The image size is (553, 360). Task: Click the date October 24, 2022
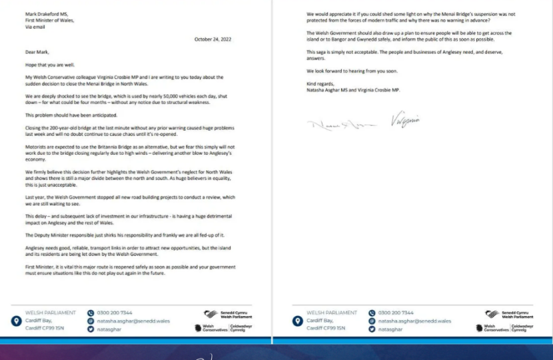pyautogui.click(x=212, y=39)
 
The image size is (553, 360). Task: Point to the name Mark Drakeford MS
pyautogui.click(x=45, y=13)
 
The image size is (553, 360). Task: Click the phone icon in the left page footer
pyautogui.click(x=91, y=313)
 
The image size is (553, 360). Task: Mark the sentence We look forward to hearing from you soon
pyautogui.click(x=348, y=70)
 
